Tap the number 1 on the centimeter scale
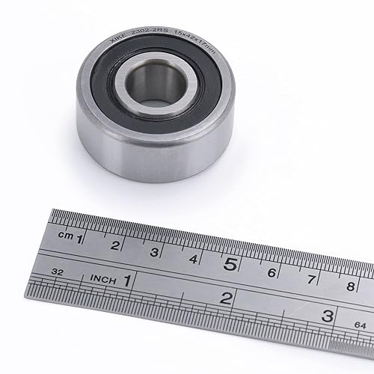(x=80, y=239)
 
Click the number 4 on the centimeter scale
(x=193, y=258)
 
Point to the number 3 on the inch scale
(x=327, y=315)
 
